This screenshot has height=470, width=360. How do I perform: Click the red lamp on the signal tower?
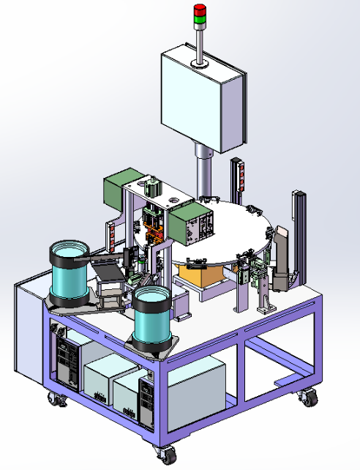pyautogui.click(x=199, y=8)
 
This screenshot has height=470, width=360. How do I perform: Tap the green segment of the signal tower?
pyautogui.click(x=199, y=19)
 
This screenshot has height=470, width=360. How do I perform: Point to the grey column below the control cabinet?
pyautogui.click(x=203, y=172)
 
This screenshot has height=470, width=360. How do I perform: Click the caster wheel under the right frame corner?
pyautogui.click(x=310, y=398)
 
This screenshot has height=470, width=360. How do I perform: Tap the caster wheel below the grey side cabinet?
pyautogui.click(x=56, y=400)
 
